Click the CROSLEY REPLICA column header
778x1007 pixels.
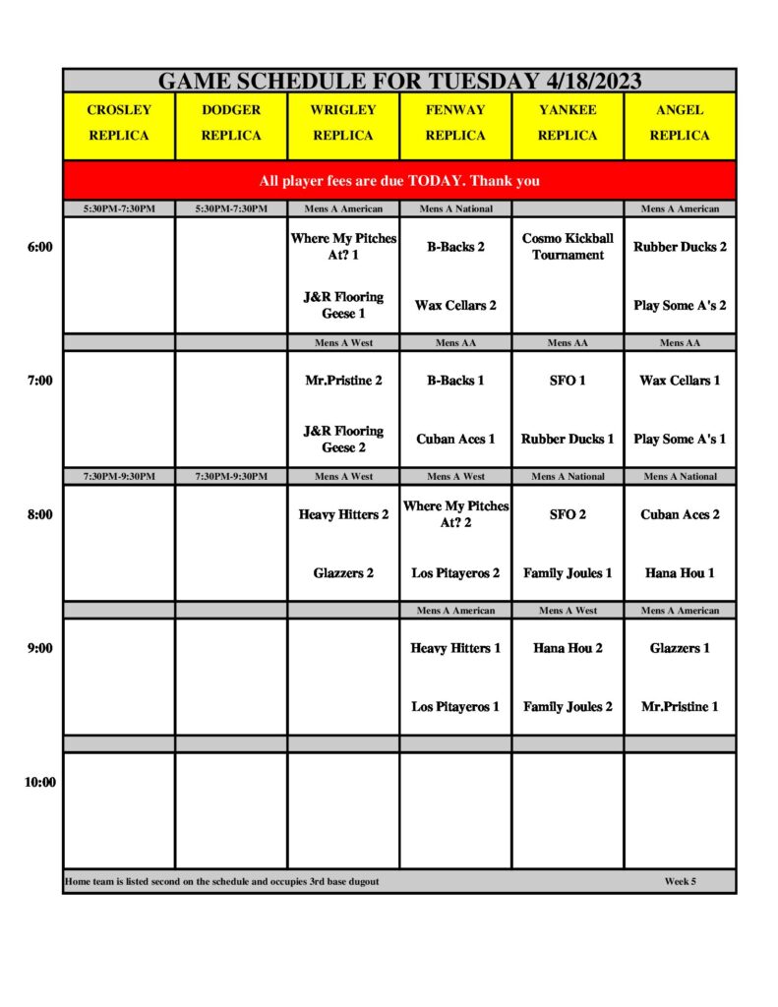[119, 123]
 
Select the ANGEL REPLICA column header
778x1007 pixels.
[680, 123]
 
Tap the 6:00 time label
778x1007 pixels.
[39, 247]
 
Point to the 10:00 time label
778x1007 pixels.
[39, 782]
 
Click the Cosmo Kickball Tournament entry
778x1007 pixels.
[568, 247]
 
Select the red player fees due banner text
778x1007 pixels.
[399, 181]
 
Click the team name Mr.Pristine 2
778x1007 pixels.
[343, 381]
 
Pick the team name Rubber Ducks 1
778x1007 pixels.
[568, 439]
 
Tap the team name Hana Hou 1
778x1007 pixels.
[680, 572]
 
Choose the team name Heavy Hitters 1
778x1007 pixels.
[455, 648]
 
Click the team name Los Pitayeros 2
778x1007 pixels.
[455, 572]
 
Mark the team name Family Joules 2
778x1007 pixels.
[568, 706]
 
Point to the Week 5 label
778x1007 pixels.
[680, 881]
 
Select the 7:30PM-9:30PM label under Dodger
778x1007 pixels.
[231, 477]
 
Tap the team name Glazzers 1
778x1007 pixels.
[680, 648]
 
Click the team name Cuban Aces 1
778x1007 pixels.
[455, 439]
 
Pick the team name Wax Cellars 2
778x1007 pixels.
[455, 305]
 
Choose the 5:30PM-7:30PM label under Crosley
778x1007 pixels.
[119, 208]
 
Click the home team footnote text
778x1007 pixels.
[222, 881]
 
